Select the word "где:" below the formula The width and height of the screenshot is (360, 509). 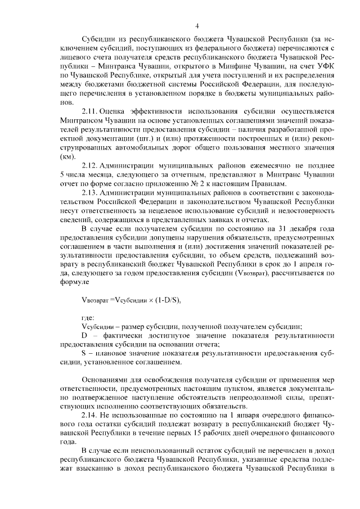click(x=88, y=318)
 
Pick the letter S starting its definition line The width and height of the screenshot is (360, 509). click(x=84, y=354)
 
